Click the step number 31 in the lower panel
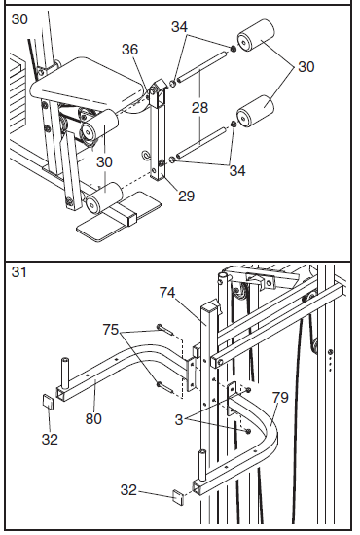click(18, 272)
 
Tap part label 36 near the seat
click(129, 50)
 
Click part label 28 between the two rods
click(199, 108)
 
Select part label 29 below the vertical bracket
click(186, 196)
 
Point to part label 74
click(167, 293)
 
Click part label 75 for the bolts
click(111, 330)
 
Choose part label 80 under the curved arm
click(93, 418)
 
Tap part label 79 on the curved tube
click(280, 397)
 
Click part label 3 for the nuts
click(179, 419)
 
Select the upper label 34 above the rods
click(179, 27)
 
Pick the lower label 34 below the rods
click(237, 170)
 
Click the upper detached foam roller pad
click(256, 35)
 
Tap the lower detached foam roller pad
click(256, 112)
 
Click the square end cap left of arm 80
click(48, 402)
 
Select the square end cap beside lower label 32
click(177, 498)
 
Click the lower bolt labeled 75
click(165, 387)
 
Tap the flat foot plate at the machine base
click(119, 216)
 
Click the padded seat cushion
click(90, 83)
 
